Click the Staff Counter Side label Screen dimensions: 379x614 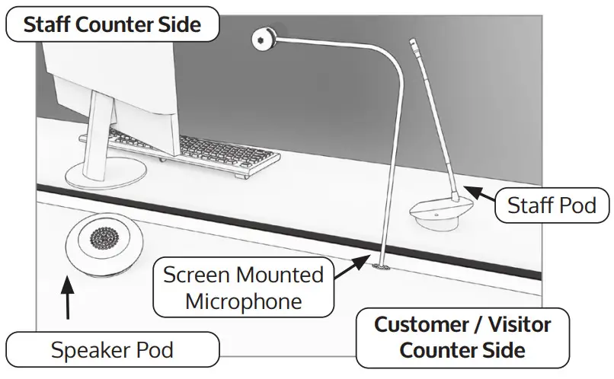[112, 24]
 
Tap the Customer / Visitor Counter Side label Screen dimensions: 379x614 [462, 337]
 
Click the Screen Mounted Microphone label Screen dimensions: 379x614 [244, 288]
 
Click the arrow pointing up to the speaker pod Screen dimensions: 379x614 [68, 301]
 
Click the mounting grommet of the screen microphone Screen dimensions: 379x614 [379, 267]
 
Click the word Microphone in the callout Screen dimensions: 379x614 [244, 301]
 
